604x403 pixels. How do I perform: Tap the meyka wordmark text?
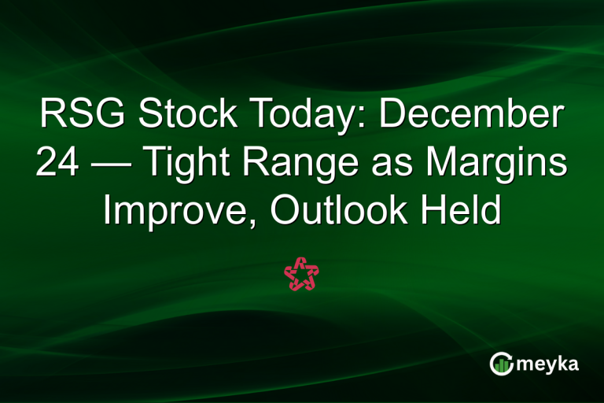click(x=548, y=364)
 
